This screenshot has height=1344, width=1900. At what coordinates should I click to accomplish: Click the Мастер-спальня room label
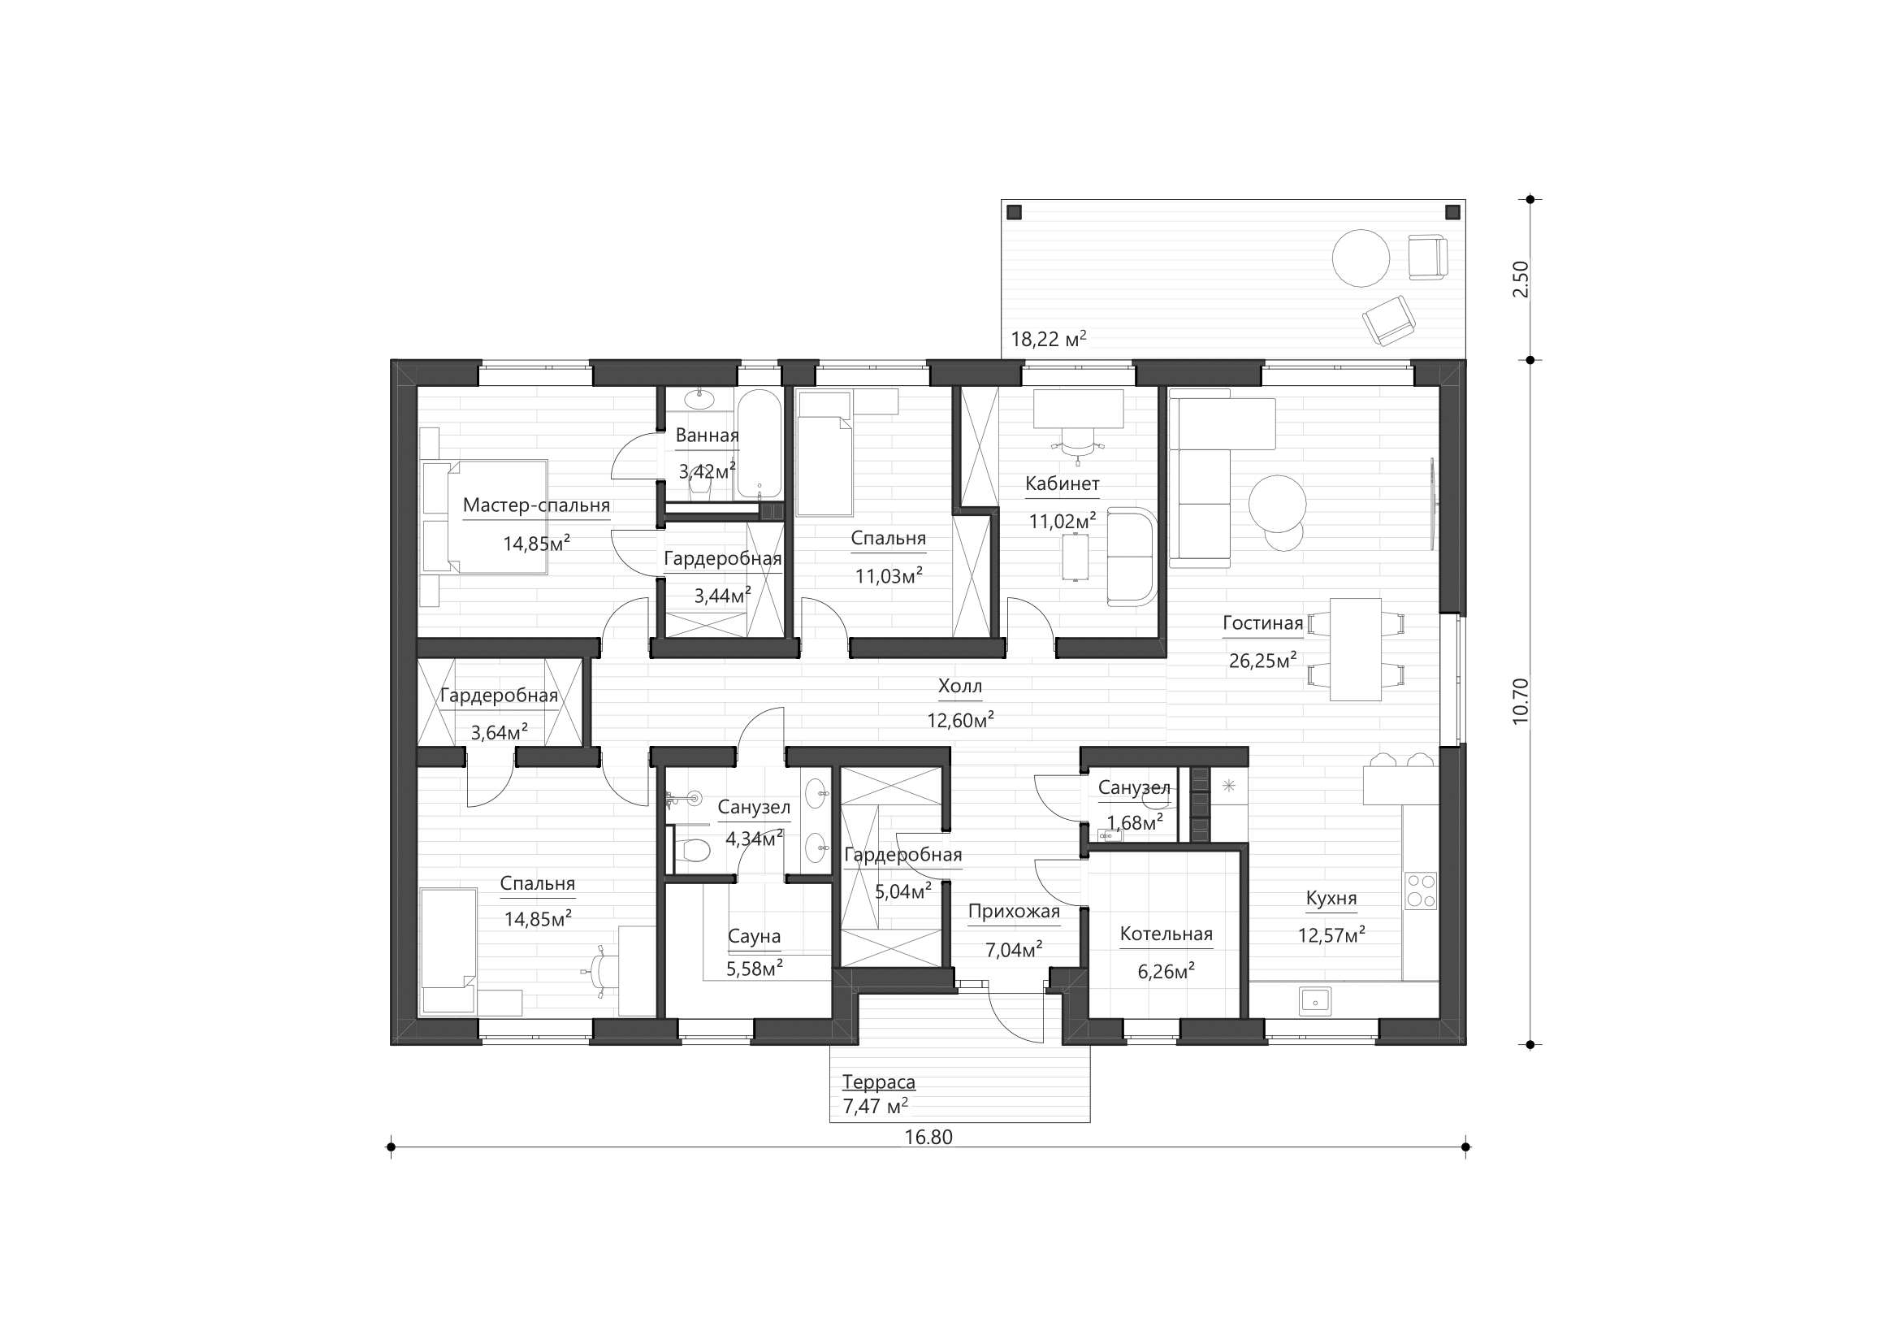click(x=536, y=505)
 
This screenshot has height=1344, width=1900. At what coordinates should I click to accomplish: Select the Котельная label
click(x=1166, y=934)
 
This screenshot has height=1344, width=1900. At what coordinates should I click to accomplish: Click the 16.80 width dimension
click(x=928, y=1137)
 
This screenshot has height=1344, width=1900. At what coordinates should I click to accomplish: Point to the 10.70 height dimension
click(x=1521, y=702)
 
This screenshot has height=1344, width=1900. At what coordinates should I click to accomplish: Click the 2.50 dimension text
click(x=1521, y=280)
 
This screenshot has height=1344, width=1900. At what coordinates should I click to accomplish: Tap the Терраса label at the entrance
click(x=879, y=1082)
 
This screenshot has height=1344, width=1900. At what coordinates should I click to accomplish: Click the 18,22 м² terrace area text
click(x=1049, y=339)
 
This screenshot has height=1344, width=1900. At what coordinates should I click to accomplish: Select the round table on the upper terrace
click(x=1361, y=258)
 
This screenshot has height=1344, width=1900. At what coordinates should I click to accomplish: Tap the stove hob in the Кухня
click(x=1422, y=891)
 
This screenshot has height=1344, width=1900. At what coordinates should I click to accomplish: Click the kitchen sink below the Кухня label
click(x=1315, y=1000)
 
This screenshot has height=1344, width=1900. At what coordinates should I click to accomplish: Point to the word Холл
click(x=960, y=686)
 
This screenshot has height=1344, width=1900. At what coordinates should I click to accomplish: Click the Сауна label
click(x=754, y=937)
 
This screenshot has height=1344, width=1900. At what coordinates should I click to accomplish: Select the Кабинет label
click(x=1063, y=484)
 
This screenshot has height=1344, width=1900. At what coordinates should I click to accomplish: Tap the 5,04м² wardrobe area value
click(x=902, y=891)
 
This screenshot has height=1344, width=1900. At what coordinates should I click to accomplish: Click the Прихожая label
click(x=1014, y=912)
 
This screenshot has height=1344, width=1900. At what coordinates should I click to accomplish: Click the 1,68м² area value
click(x=1136, y=822)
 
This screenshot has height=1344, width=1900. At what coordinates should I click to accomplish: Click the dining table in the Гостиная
click(x=1356, y=650)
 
